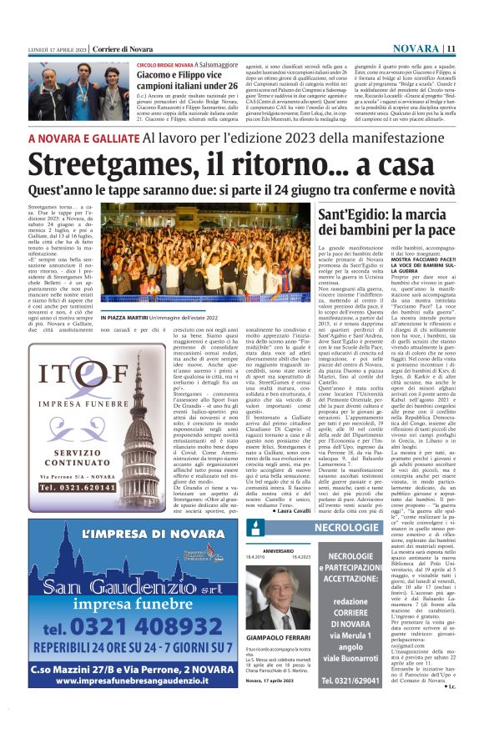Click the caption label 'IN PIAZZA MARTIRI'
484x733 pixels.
tap(125, 317)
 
